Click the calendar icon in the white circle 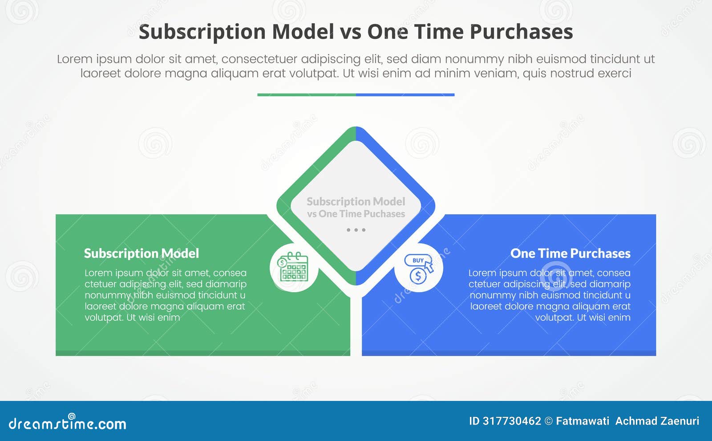point(293,267)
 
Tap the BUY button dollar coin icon point(418,268)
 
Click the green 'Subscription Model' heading point(142,253)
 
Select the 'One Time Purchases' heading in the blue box point(570,253)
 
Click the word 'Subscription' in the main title point(202,32)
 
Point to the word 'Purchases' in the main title point(521,32)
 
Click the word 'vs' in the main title point(350,32)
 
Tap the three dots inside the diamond point(356,230)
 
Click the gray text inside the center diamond point(356,208)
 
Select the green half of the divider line point(306,94)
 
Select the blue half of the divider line point(405,94)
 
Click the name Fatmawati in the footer point(583,421)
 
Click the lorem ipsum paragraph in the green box point(165,295)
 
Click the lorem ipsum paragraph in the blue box point(550,295)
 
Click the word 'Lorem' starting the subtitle point(74,59)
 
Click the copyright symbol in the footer point(548,421)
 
